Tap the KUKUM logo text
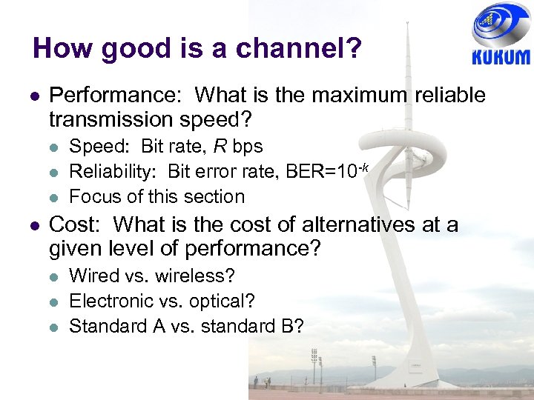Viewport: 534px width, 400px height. point(501,57)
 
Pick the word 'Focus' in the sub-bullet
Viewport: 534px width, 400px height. point(93,197)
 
